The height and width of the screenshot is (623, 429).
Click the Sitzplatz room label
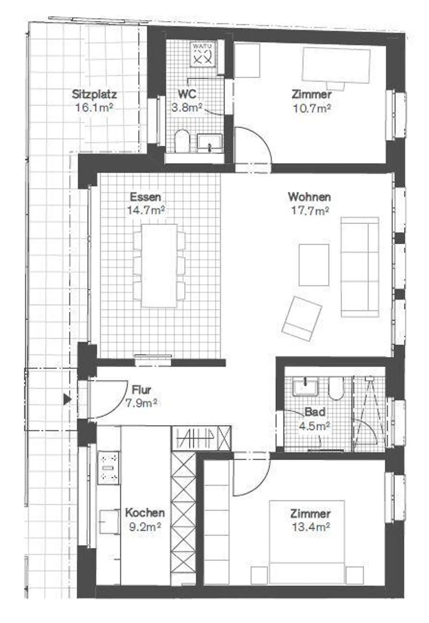(94, 94)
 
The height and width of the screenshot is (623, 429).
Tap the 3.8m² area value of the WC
(187, 107)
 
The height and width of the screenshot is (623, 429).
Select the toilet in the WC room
(180, 141)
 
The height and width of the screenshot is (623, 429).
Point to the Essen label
(145, 197)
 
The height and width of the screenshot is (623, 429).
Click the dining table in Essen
(159, 265)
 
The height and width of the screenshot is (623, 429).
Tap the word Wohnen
(309, 197)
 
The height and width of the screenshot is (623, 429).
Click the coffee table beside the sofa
(314, 265)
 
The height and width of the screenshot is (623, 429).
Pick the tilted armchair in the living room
(302, 318)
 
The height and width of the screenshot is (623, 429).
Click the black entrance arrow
(68, 399)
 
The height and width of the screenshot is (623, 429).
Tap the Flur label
(142, 389)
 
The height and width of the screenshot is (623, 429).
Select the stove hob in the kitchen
(109, 467)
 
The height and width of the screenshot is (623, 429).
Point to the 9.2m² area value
(145, 527)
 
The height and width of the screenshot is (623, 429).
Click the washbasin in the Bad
(305, 386)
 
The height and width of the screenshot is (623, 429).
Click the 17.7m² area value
(310, 211)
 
